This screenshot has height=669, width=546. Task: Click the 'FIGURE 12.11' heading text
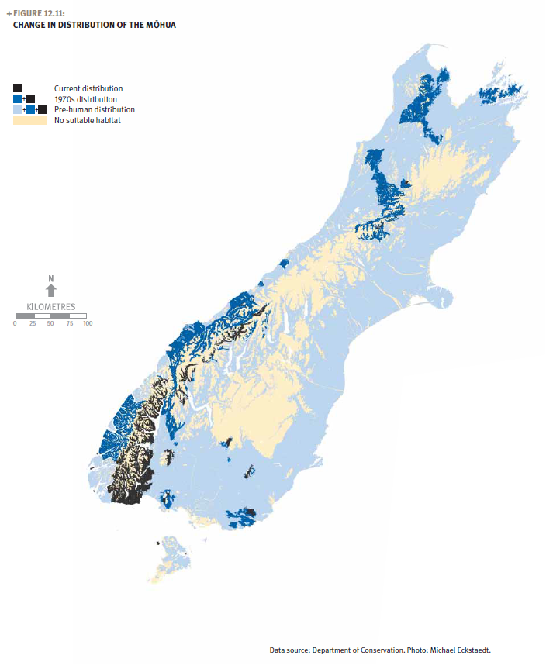[x=39, y=14]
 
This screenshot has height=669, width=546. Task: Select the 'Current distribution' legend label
[x=88, y=89]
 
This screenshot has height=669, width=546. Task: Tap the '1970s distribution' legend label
[x=85, y=99]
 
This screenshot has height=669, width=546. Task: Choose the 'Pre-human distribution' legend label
[x=94, y=109]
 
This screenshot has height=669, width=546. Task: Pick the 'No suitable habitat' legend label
[x=88, y=120]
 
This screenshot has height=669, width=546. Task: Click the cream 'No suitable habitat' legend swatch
[x=29, y=120]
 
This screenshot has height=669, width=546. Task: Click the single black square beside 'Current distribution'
[x=17, y=88]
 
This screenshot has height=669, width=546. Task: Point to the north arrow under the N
[x=50, y=291]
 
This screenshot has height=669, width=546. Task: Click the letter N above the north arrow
[x=50, y=278]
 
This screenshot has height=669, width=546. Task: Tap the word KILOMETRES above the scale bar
[x=51, y=307]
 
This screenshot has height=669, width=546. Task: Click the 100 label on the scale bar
[x=87, y=323]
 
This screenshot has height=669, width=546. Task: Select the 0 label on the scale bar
[x=15, y=323]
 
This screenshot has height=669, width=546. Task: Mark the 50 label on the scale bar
[x=50, y=323]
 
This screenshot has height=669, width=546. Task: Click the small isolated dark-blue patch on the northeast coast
[x=502, y=93]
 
